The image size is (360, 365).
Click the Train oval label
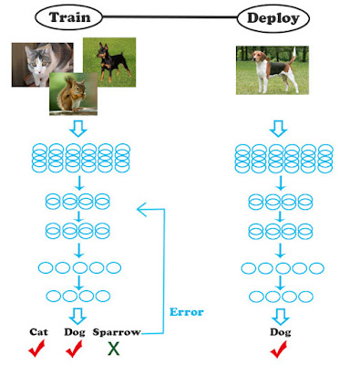pyautogui.click(x=68, y=17)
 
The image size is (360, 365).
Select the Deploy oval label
pyautogui.click(x=273, y=18)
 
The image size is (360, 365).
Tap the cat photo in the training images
pyautogui.click(x=42, y=65)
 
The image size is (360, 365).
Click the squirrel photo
pyautogui.click(x=74, y=94)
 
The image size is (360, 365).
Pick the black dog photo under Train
pyautogui.click(x=109, y=62)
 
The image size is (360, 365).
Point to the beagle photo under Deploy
pyautogui.click(x=273, y=70)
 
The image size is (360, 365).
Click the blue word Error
pyautogui.click(x=186, y=312)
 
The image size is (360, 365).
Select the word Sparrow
pyautogui.click(x=117, y=332)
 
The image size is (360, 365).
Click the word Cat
pyautogui.click(x=38, y=331)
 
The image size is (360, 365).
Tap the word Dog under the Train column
pyautogui.click(x=75, y=332)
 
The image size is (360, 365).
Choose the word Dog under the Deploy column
pyautogui.click(x=281, y=332)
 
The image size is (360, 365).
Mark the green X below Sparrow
pyautogui.click(x=113, y=349)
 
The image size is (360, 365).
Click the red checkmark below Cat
pyautogui.click(x=36, y=349)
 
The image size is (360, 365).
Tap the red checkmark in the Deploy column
pyautogui.click(x=278, y=349)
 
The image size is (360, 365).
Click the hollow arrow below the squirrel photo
pyautogui.click(x=78, y=129)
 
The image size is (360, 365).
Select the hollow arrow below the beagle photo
pyautogui.click(x=278, y=129)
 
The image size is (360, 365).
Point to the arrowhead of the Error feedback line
pyautogui.click(x=141, y=209)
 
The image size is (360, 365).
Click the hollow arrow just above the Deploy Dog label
pyautogui.click(x=281, y=317)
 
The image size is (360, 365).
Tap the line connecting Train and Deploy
pyautogui.click(x=170, y=17)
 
